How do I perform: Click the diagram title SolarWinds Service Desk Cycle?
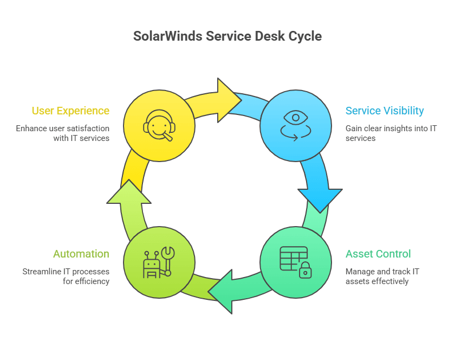point(227,36)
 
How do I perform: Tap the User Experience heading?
point(70,111)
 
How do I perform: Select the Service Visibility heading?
point(385,111)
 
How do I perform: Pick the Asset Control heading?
point(378,254)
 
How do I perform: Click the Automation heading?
point(81,254)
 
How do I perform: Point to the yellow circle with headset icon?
point(159,126)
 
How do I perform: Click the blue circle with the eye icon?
point(296,126)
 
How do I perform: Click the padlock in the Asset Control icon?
point(305,270)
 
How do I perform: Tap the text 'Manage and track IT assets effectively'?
point(382,276)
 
